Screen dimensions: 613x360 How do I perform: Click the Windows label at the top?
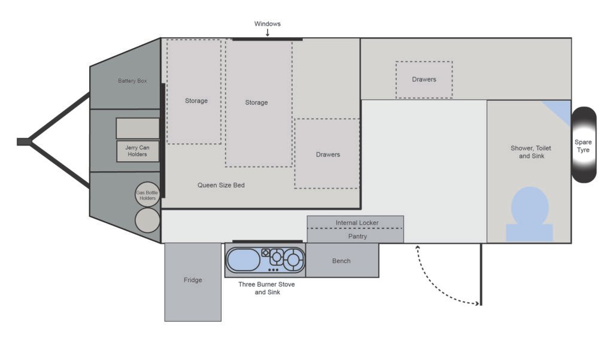[268, 24]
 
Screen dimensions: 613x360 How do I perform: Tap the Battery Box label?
[132, 81]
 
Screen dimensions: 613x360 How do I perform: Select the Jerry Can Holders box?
[138, 151]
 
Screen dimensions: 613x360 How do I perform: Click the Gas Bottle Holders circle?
[147, 195]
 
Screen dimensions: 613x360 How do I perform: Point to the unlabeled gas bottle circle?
[147, 220]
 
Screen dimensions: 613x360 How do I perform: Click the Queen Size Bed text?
[221, 185]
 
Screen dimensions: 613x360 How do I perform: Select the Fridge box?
[193, 282]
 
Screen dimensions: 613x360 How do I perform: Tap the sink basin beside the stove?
[244, 260]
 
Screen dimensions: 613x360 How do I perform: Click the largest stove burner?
[293, 259]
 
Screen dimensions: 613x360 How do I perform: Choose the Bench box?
[342, 260]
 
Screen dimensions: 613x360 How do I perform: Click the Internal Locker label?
[357, 223]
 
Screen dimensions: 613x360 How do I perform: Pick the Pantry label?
[358, 237]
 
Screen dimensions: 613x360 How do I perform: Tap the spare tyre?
[584, 145]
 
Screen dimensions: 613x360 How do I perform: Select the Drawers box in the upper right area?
[424, 80]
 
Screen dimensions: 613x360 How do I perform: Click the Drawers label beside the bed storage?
[328, 155]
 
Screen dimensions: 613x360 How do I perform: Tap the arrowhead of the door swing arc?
[477, 303]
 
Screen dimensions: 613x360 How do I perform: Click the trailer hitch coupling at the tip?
[23, 141]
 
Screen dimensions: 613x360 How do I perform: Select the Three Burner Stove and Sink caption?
[266, 288]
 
